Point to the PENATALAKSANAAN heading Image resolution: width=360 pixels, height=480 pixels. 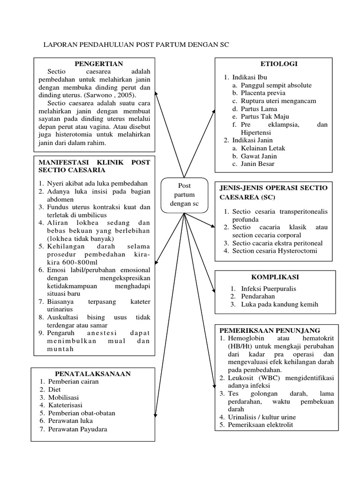point(93,374)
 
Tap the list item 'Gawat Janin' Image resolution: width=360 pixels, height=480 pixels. point(259,156)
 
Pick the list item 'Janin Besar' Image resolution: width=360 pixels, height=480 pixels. point(257,164)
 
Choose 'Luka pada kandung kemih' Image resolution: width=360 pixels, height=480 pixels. point(280,304)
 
